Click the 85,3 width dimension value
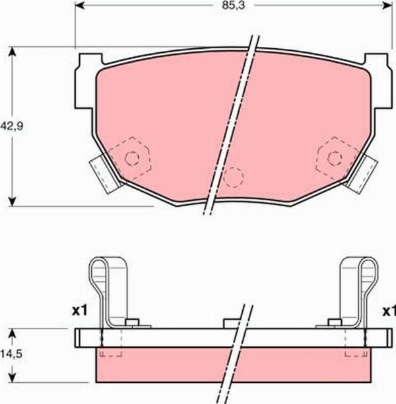tap(234, 6)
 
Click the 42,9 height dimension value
tap(12, 126)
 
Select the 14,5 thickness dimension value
tap(11, 354)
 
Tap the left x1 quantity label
tap(80, 311)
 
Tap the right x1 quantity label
tap(389, 311)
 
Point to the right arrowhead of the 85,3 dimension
tap(387, 5)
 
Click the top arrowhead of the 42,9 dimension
tap(12, 52)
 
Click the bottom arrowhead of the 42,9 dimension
tap(12, 201)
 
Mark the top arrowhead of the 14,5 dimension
tap(12, 334)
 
